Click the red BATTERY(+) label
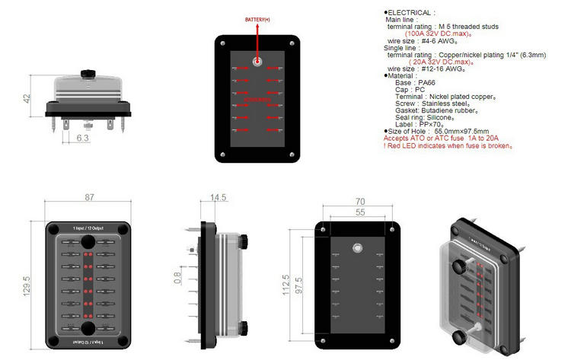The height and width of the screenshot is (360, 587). tap(257, 19)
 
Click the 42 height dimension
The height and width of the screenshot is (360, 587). tap(27, 99)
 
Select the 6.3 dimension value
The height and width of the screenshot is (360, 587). tap(83, 139)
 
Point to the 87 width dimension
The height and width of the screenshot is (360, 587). tap(89, 197)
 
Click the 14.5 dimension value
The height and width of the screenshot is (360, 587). tap(219, 197)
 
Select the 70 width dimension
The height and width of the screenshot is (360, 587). tap(361, 202)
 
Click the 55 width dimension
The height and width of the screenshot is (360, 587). tap(361, 213)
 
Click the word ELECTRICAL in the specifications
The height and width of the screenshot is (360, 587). tap(411, 13)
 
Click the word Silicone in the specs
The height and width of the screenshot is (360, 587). tap(452, 116)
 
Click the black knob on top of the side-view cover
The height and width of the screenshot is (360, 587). tap(88, 72)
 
